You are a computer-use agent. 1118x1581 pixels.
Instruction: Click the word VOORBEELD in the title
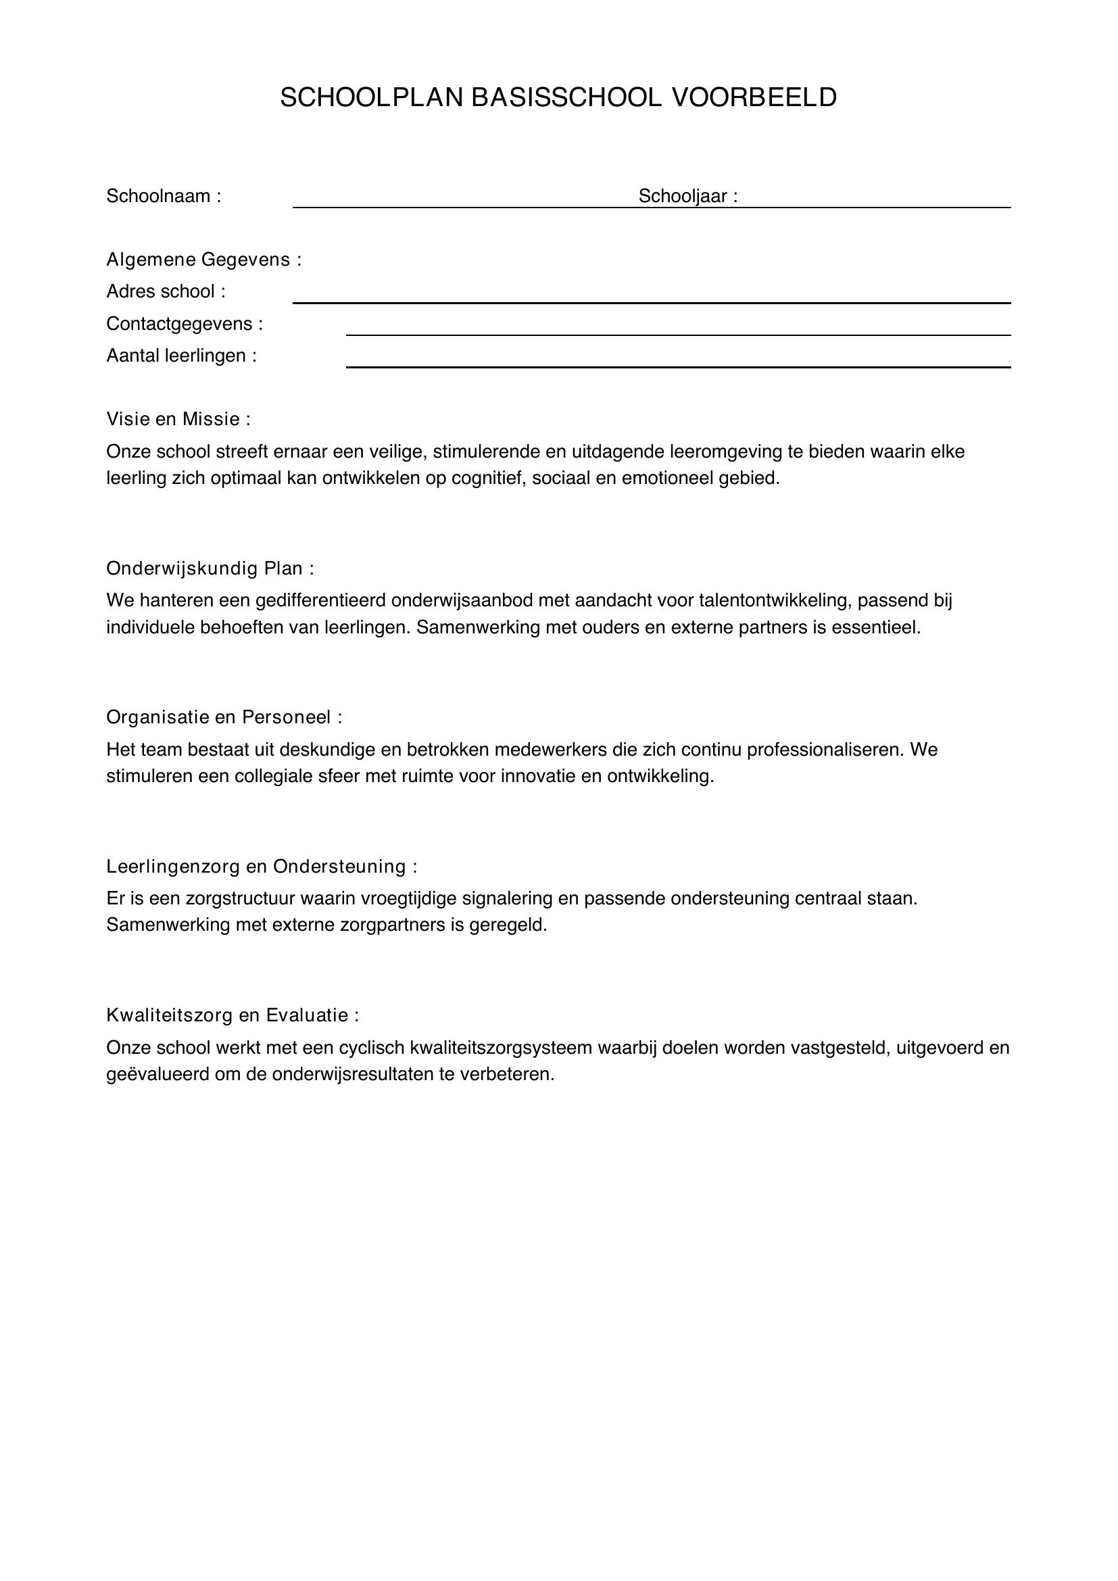point(754,98)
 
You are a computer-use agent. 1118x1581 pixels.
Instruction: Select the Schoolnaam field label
point(163,196)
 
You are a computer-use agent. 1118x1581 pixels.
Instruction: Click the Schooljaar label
point(687,196)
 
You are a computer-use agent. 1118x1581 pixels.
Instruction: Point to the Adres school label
point(165,292)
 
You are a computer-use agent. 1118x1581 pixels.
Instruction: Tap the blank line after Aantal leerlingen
point(678,366)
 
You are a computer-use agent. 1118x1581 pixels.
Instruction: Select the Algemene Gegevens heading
point(203,260)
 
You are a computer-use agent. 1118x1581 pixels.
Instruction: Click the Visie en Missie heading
point(178,418)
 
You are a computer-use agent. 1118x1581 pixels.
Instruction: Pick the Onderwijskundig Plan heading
point(210,568)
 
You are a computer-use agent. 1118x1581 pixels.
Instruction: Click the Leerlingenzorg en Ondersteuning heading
point(262,867)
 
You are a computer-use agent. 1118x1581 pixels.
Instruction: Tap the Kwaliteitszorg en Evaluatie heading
point(232,1015)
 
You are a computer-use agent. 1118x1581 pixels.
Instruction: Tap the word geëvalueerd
point(157,1074)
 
